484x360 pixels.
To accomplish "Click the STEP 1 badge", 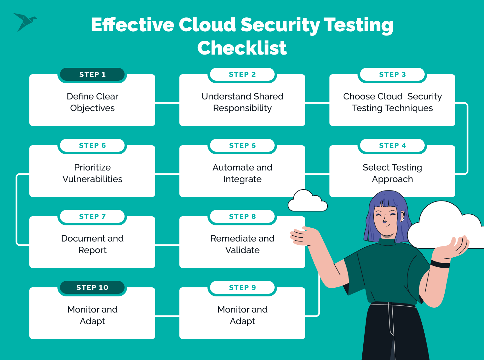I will (x=92, y=74).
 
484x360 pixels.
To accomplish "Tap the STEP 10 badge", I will (x=92, y=287).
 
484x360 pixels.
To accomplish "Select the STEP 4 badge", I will (x=392, y=145).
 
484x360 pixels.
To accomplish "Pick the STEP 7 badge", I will (x=92, y=216).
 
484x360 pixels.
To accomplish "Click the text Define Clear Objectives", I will (x=92, y=102).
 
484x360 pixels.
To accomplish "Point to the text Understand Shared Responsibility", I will (x=242, y=102).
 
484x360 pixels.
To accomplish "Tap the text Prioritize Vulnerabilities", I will (x=92, y=173).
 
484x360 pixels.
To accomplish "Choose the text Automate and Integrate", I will (x=242, y=173).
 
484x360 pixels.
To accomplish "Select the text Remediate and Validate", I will (x=242, y=244).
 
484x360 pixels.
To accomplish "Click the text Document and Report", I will (x=92, y=244).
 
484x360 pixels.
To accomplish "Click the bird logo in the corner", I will (x=25, y=22).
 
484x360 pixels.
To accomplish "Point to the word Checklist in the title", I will (x=242, y=48).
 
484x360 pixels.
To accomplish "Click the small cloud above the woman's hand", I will (x=307, y=201).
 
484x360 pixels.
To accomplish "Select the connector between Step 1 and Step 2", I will (x=167, y=103).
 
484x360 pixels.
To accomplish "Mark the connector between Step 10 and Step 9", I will (x=167, y=316).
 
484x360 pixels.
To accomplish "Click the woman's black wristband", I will (x=440, y=264).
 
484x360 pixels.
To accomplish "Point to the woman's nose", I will (x=385, y=221).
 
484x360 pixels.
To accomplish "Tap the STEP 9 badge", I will (x=242, y=287).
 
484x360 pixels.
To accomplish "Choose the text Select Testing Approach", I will (x=392, y=173).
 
